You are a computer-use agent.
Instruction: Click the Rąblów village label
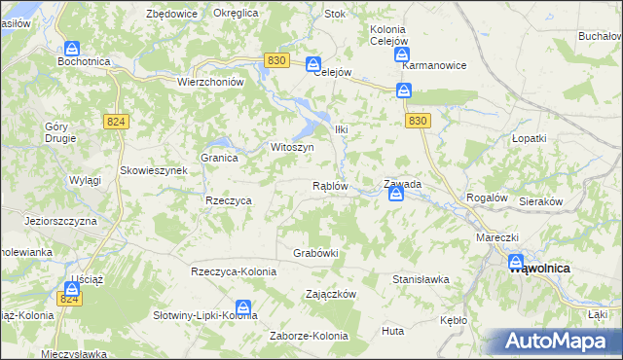(x=329, y=186)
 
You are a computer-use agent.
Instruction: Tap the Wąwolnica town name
(x=540, y=268)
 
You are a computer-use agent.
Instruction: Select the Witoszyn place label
(x=291, y=147)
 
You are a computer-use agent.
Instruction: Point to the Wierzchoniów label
(x=209, y=83)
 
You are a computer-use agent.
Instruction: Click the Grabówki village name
(x=315, y=253)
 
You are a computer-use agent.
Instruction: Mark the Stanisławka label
(x=421, y=279)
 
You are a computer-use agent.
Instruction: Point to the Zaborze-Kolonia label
(x=309, y=337)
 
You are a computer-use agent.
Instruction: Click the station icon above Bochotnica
(x=73, y=48)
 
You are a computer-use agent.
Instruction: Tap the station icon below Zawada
(x=396, y=195)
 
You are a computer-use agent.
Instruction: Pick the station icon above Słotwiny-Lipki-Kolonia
(x=244, y=308)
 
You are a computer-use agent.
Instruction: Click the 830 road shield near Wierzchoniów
(x=275, y=60)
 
